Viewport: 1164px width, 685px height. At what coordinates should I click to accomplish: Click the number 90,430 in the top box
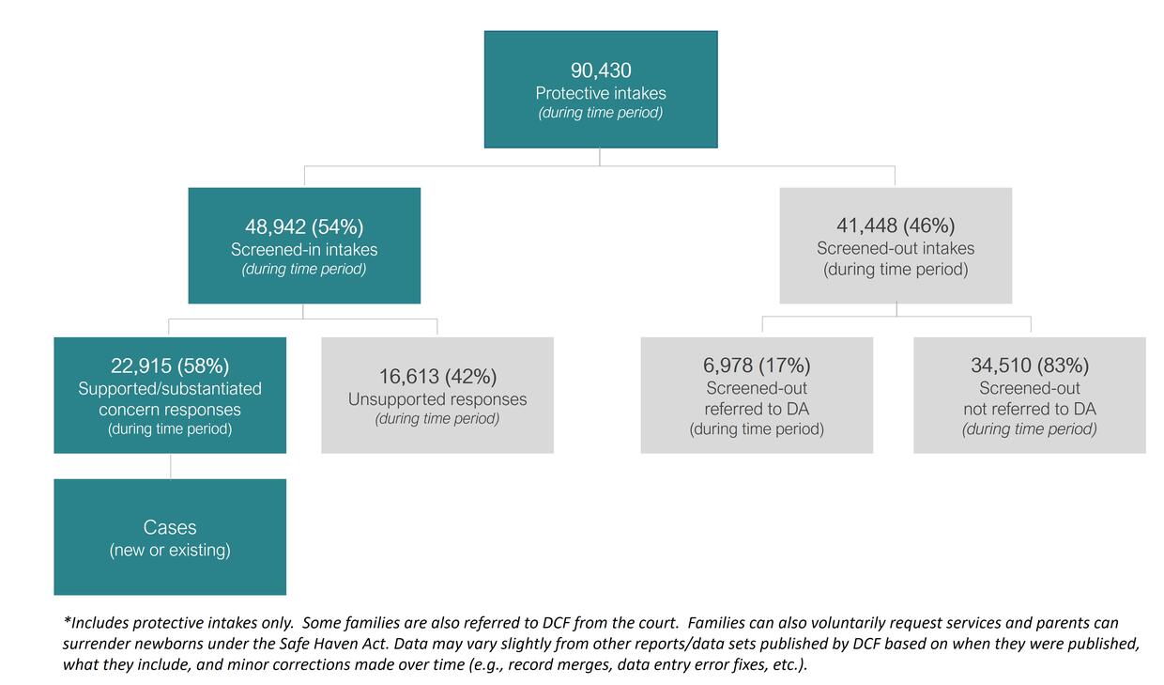coord(601,70)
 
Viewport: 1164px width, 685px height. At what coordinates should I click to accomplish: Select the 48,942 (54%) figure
coord(304,226)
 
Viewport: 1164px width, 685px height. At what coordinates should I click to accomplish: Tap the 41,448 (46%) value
coord(896,226)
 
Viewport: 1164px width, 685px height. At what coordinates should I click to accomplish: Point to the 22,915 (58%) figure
coord(170,366)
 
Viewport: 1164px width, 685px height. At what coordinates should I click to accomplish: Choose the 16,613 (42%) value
coord(437,377)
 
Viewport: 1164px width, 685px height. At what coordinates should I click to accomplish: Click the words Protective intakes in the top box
coord(601,93)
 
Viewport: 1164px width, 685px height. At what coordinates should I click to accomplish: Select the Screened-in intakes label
coord(304,249)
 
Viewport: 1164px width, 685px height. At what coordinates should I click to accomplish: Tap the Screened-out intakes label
coord(896,249)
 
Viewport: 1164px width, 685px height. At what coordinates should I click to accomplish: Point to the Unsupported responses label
coord(437,399)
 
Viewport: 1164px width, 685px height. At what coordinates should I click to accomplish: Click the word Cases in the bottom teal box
coord(170,527)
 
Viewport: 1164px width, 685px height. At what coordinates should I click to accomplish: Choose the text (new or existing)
coord(170,550)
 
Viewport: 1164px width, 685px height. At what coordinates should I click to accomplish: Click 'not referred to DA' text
coord(1030,409)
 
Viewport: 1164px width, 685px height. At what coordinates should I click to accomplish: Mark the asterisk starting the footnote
coord(68,622)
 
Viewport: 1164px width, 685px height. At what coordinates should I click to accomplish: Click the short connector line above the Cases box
coord(170,466)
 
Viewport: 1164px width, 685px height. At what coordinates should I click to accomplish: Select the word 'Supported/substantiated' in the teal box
coord(170,388)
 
